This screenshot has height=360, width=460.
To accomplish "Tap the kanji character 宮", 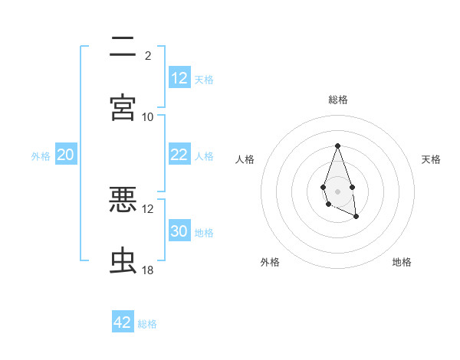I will pyautogui.click(x=123, y=108).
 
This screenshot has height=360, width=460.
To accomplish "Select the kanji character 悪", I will pyautogui.click(x=123, y=200).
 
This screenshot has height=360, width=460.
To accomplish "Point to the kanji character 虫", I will pyautogui.click(x=123, y=261).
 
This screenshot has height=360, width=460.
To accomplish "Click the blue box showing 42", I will pyautogui.click(x=123, y=322).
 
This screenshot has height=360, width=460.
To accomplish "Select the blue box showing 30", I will pyautogui.click(x=179, y=231).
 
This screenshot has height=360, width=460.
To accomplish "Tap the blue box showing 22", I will pyautogui.click(x=179, y=155).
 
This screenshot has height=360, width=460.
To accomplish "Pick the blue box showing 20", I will pyautogui.click(x=65, y=155).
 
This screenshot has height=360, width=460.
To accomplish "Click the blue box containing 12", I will pyautogui.click(x=179, y=78).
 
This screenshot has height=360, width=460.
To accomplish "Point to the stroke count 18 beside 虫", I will pyautogui.click(x=148, y=270).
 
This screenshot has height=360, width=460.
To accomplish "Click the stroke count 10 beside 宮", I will pyautogui.click(x=148, y=117).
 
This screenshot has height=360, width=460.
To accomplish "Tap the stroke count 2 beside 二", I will pyautogui.click(x=148, y=56).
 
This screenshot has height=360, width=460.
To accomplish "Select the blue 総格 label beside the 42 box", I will pyautogui.click(x=147, y=324).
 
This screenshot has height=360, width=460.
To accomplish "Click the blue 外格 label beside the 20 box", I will pyautogui.click(x=41, y=156).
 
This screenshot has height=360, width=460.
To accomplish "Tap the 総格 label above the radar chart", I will pyautogui.click(x=337, y=100).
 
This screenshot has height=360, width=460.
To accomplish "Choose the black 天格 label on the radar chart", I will pyautogui.click(x=432, y=159).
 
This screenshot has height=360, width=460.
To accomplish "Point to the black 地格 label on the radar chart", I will pyautogui.click(x=402, y=262).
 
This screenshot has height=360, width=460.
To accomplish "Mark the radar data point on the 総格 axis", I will pyautogui.click(x=337, y=146).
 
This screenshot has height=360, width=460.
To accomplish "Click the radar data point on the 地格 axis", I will pyautogui.click(x=356, y=217).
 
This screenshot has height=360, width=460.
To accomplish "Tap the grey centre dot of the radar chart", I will pyautogui.click(x=337, y=191).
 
